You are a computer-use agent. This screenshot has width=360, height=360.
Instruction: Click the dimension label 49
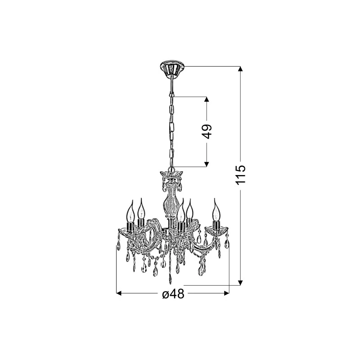[x=207, y=131]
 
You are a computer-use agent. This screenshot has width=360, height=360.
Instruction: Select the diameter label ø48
[x=173, y=294]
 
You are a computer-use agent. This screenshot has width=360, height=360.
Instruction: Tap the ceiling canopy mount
[x=172, y=68]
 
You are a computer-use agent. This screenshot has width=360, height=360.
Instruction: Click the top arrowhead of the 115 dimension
[x=240, y=69]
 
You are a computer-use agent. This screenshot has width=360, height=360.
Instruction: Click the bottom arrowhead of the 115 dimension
[x=240, y=283]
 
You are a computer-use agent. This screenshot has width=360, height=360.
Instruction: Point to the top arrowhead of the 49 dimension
[x=207, y=99]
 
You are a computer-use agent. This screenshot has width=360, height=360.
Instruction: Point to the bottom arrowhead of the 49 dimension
[x=207, y=164]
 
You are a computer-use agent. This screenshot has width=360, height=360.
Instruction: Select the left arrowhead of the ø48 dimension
[x=119, y=293]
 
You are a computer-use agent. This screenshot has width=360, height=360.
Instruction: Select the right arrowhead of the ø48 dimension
[x=227, y=293]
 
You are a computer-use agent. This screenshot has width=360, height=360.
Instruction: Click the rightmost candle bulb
[x=216, y=210]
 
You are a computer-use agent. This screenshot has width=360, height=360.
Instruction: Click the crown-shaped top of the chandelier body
[x=171, y=175]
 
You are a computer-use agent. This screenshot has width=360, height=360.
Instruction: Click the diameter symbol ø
[x=166, y=294]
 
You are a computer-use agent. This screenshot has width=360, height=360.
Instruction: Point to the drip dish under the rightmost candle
[x=217, y=230]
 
